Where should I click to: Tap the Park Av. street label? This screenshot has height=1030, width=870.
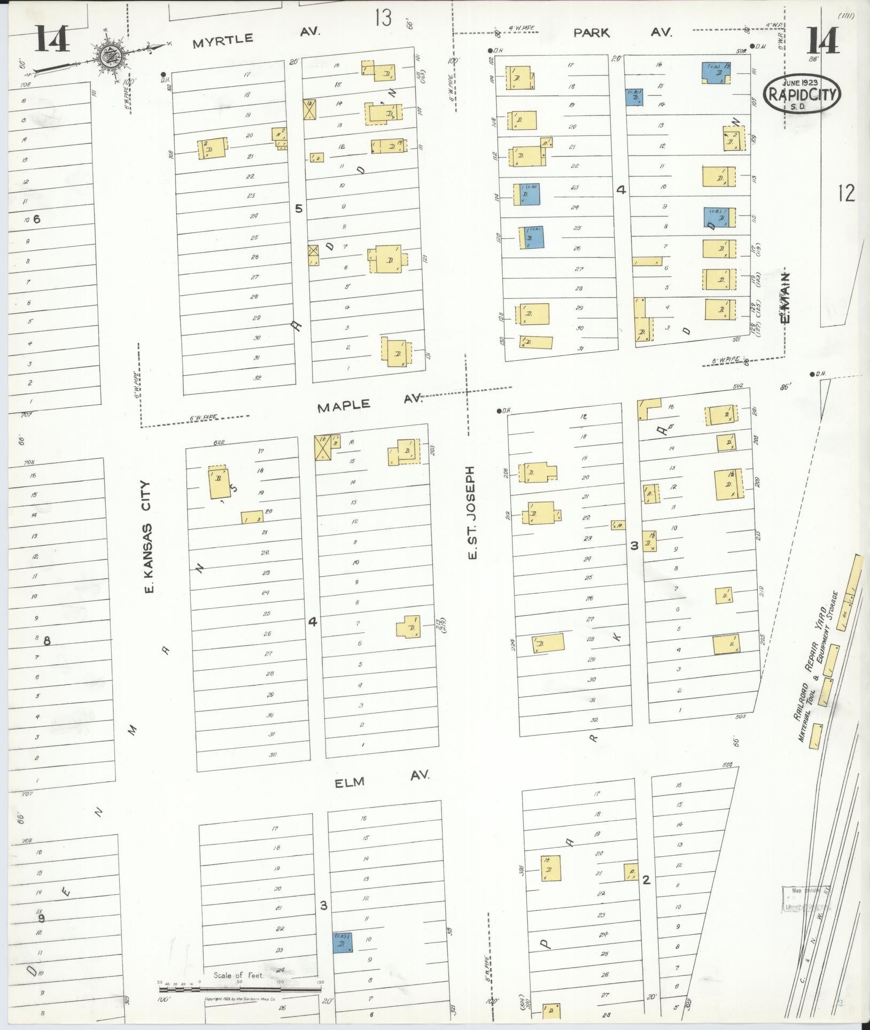click(x=622, y=33)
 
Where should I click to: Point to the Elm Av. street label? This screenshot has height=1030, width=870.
click(x=382, y=780)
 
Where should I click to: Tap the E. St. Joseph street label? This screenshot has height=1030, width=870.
click(x=471, y=513)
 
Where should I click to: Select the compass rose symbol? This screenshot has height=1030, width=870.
click(x=111, y=54)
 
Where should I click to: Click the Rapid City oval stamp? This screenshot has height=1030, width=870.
click(x=803, y=94)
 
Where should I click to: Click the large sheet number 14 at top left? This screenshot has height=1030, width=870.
click(x=53, y=40)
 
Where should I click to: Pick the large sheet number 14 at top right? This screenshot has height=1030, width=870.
click(x=822, y=40)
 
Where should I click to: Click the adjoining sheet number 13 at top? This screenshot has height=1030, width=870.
click(x=383, y=18)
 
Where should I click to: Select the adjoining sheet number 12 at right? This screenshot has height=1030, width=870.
click(x=846, y=193)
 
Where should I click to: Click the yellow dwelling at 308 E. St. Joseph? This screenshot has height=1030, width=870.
click(x=550, y=868)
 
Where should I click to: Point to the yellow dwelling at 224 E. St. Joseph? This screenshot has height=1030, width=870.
click(x=548, y=644)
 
